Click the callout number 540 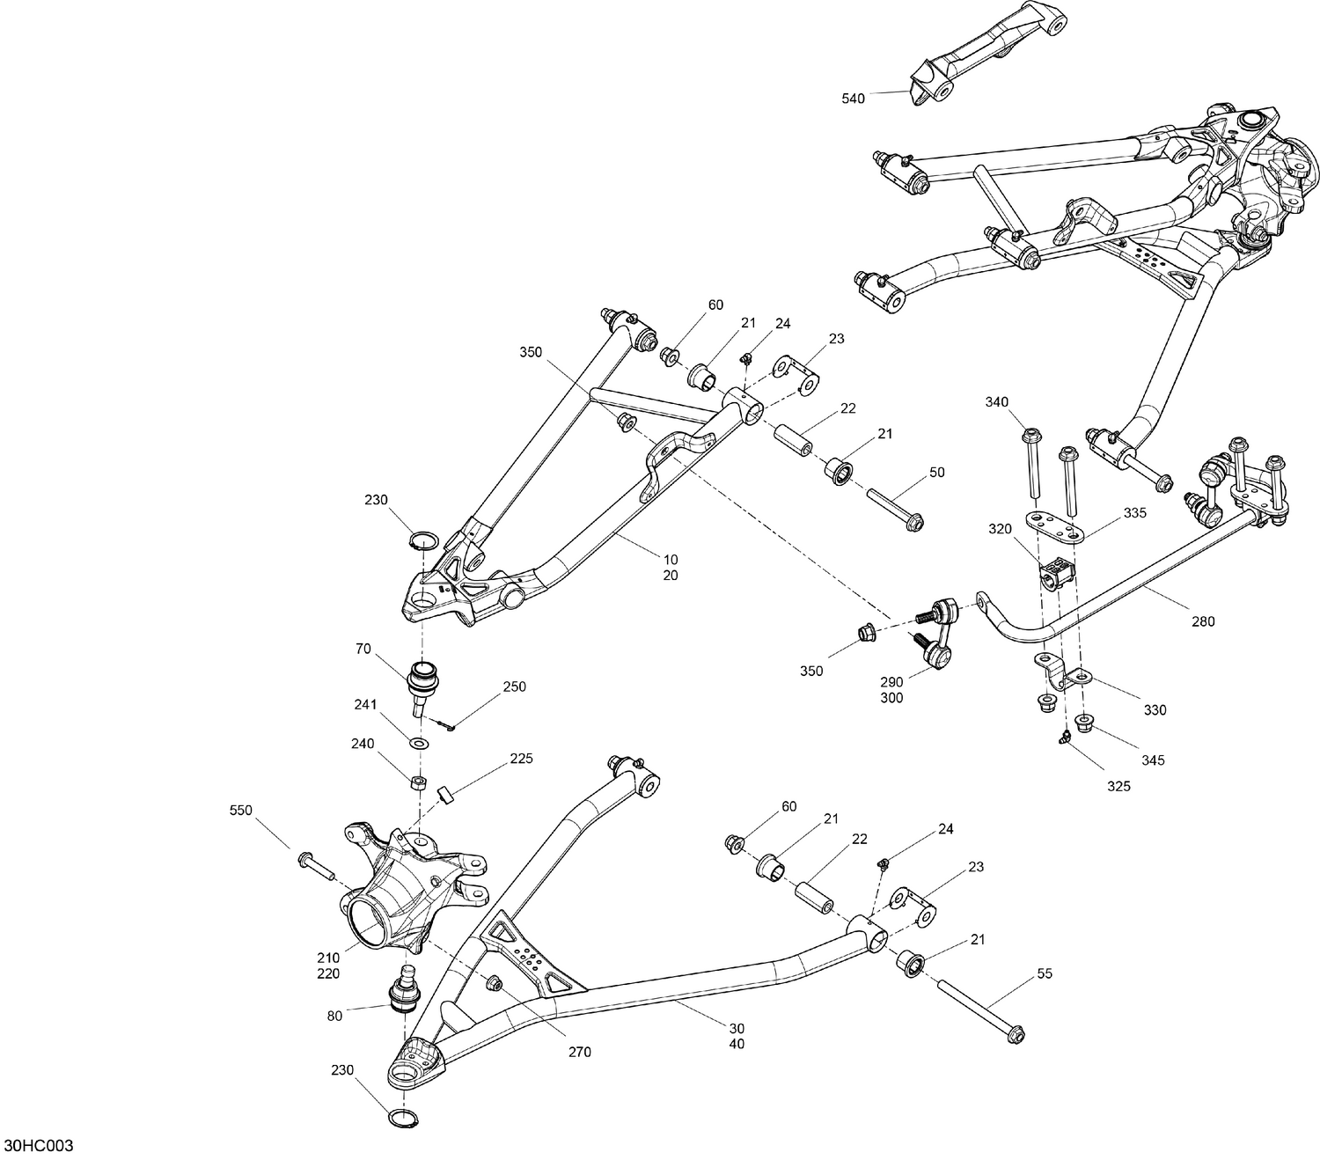coord(853,99)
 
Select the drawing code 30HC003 coord(38,1145)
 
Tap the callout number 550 coord(240,810)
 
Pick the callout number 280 coord(1202,621)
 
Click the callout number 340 coord(996,402)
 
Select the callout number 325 coord(1118,786)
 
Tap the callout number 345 coord(1154,760)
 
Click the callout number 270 coord(579,1052)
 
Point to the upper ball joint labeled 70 coord(422,681)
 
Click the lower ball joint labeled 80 coord(405,990)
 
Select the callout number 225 coord(521,758)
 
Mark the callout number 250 coord(514,686)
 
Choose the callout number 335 coord(1134,513)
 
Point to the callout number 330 coord(1155,710)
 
